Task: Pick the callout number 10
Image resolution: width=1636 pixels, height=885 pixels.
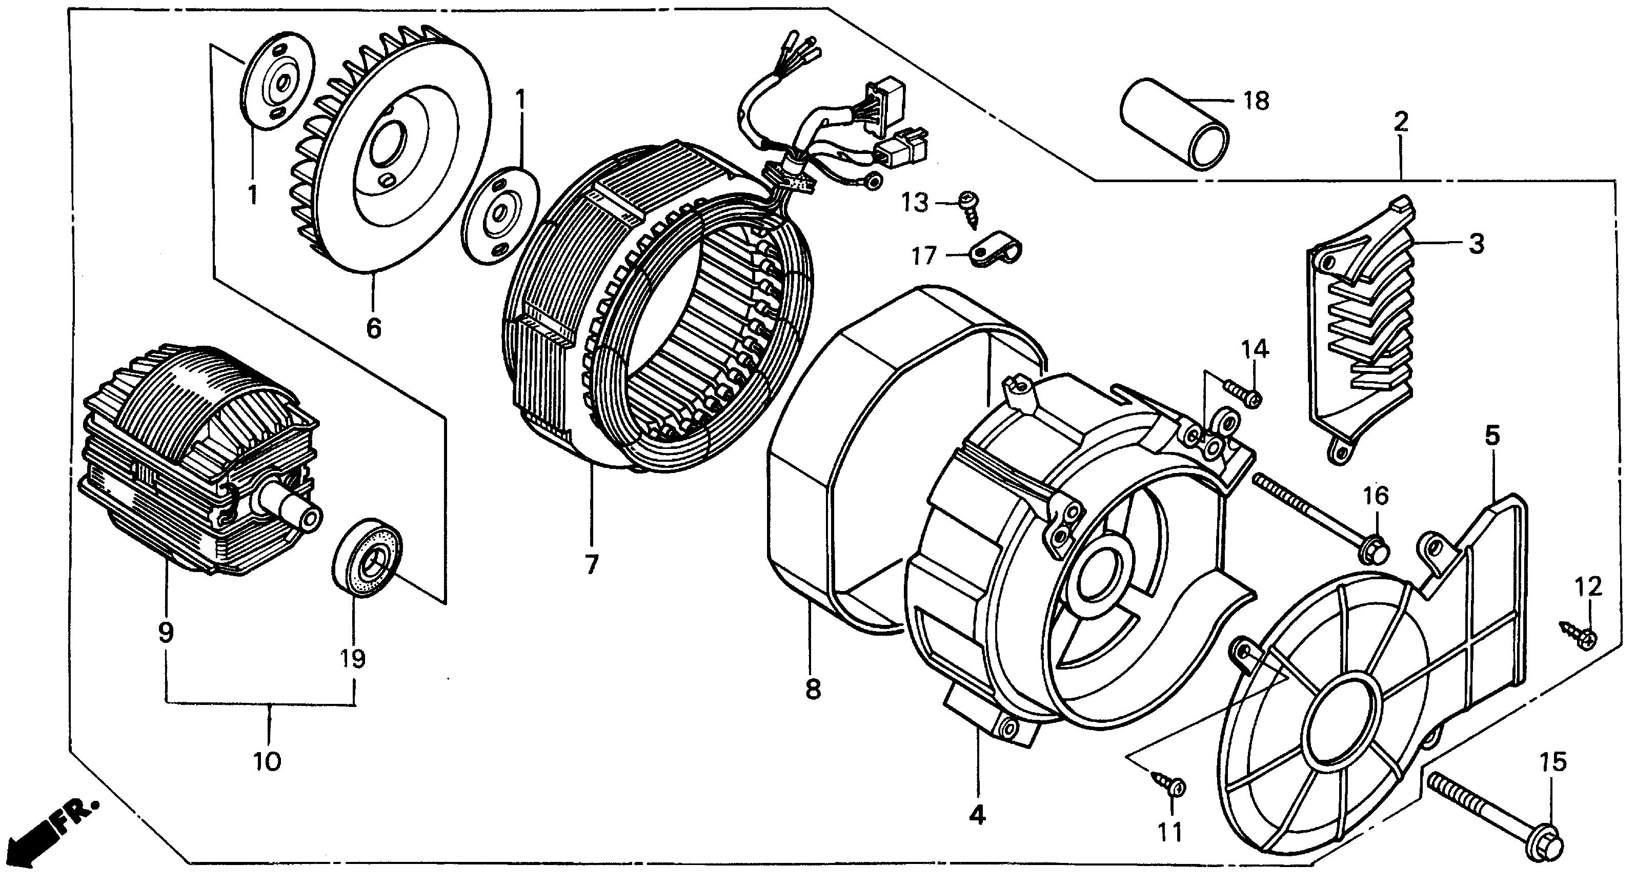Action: point(268,760)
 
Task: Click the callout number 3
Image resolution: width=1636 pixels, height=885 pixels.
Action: point(1477,243)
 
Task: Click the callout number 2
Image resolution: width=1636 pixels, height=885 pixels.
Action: point(1402,122)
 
